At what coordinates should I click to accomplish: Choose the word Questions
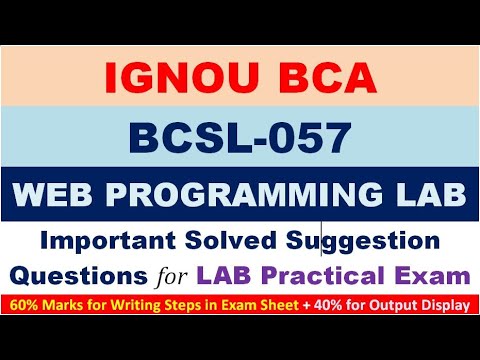pyautogui.click(x=96, y=272)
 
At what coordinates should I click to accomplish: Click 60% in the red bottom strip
pyautogui.click(x=28, y=300)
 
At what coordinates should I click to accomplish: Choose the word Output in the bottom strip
pyautogui.click(x=395, y=300)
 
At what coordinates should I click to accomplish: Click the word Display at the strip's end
pyautogui.click(x=446, y=300)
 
